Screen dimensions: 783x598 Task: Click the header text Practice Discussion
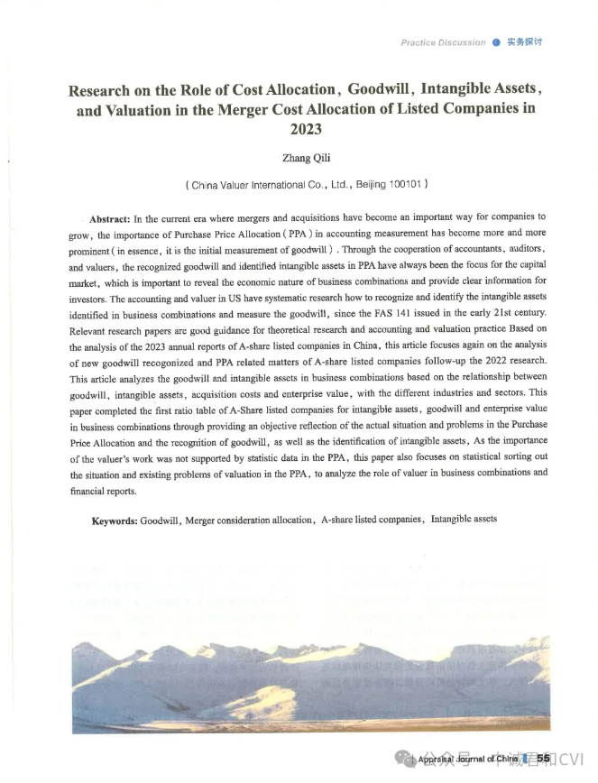443,42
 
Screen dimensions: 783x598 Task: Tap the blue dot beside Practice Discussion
495,42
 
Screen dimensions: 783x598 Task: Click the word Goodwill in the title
382,90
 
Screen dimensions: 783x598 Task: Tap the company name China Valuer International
245,184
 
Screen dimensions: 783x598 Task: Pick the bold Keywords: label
115,520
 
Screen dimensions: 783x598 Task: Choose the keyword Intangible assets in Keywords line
464,520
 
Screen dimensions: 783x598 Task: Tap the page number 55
543,759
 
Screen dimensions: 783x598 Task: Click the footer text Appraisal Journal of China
468,760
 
